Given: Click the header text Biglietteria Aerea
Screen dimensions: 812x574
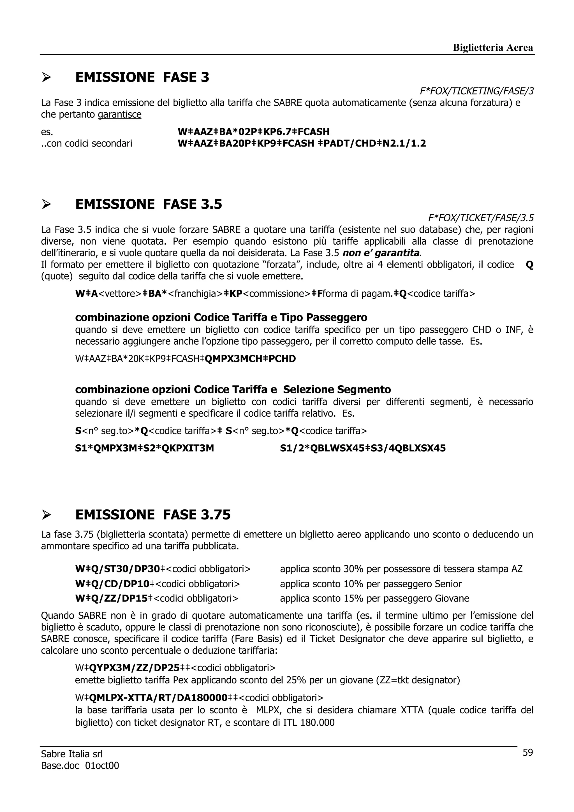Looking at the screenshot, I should click(x=493, y=47).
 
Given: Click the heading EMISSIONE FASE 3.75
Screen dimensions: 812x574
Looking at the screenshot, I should click(x=153, y=514).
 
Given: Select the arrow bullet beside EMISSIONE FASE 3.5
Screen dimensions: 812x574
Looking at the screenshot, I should click(x=46, y=205).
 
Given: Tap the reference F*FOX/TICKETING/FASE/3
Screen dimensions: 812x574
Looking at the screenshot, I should click(x=476, y=91).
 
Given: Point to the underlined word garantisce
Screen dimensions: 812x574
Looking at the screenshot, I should click(x=120, y=115).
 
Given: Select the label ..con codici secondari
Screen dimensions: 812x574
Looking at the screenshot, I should click(x=87, y=143).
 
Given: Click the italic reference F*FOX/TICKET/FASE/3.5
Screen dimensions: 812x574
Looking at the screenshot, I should click(x=481, y=217).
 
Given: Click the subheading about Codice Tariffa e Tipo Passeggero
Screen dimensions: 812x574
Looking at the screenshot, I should click(x=221, y=317).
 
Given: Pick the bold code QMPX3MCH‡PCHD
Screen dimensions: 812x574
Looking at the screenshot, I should click(x=250, y=359).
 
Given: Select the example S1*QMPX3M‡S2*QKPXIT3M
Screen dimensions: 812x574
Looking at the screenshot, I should click(x=145, y=448).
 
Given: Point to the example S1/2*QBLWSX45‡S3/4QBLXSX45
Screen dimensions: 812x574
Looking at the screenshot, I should click(x=362, y=448).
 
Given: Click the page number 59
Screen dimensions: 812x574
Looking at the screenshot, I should click(x=527, y=753).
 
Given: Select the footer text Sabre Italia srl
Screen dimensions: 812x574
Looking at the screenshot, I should click(x=72, y=754).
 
